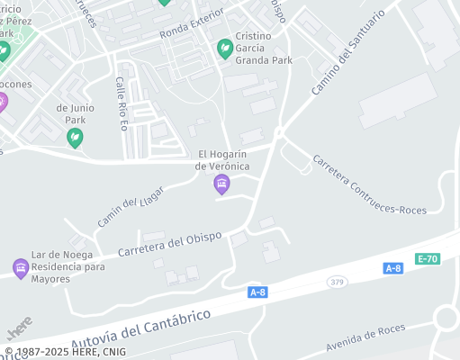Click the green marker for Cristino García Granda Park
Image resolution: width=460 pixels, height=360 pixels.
[x=225, y=49]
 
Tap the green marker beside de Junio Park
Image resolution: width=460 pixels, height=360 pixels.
[x=76, y=138]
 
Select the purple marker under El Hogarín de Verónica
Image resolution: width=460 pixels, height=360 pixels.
[x=221, y=185]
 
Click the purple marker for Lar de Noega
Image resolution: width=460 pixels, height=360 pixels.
[x=21, y=268]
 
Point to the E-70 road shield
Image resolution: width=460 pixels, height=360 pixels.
[x=428, y=259]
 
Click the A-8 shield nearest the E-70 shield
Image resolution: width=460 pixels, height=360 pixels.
[x=392, y=268]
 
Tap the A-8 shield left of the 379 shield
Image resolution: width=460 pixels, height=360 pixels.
[x=257, y=292]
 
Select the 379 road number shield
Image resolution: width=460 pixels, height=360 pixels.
[x=337, y=283]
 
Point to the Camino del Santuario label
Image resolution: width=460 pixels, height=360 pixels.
[x=347, y=52]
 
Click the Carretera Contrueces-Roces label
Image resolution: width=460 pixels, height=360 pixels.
[x=369, y=184]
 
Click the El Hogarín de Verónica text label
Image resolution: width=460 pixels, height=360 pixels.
[x=221, y=159]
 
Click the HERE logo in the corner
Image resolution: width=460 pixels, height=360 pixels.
[x=19, y=323]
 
